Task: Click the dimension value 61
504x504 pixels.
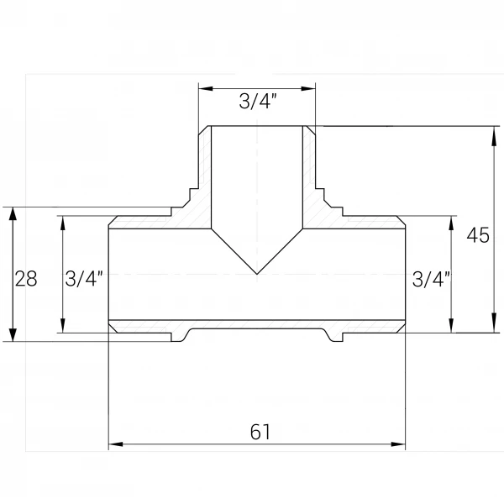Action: pos(260,432)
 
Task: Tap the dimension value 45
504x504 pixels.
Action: pos(478,235)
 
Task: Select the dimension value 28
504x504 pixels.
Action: pos(26,278)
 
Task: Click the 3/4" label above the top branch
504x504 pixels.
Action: pos(258,102)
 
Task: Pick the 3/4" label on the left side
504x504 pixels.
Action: pos(83,278)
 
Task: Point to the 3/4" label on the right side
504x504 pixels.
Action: pos(431,279)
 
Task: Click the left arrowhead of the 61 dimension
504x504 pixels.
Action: pos(116,444)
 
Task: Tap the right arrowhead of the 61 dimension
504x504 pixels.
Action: pos(398,444)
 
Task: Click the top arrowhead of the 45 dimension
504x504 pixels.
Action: pos(494,134)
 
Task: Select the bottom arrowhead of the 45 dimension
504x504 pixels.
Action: pos(494,325)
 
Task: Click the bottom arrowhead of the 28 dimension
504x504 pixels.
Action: pos(13,333)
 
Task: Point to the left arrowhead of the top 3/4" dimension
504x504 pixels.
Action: pos(206,88)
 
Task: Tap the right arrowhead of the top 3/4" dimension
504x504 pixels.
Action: pos(308,88)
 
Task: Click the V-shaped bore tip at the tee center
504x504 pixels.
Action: pos(257,274)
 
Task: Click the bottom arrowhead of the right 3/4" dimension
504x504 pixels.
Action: pos(451,325)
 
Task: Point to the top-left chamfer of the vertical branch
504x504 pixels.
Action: pos(203,131)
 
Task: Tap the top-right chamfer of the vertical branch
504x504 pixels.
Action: pos(311,131)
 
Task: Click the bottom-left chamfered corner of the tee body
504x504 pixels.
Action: pos(113,328)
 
